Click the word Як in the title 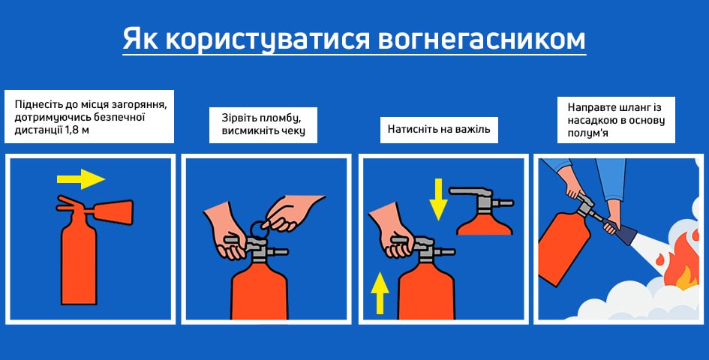coord(140,38)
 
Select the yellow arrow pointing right coord(80,178)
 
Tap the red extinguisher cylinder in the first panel coord(78,262)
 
